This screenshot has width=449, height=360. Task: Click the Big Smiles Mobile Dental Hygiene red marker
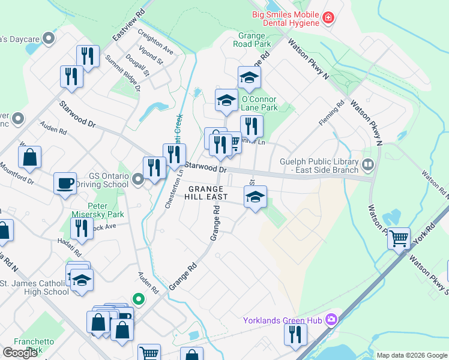tap(328, 19)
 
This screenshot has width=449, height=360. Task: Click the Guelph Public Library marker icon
tap(368, 163)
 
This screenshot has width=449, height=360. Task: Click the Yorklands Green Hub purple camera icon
tap(330, 319)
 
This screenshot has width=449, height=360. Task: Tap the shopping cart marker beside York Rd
tap(399, 238)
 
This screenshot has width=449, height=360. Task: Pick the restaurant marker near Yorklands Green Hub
tap(294, 334)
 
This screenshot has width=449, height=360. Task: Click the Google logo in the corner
tap(20, 353)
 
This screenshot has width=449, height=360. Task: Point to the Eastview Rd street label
tap(128, 23)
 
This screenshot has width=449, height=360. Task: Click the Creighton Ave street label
tap(155, 42)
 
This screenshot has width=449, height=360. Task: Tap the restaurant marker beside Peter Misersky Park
tap(80, 227)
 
